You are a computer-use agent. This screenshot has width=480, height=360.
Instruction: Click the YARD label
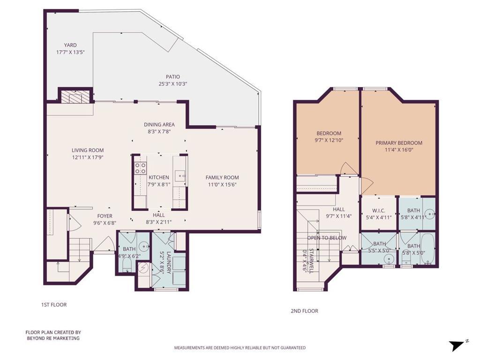click(70, 45)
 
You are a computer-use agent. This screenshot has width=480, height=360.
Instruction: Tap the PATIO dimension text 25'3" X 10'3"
click(173, 84)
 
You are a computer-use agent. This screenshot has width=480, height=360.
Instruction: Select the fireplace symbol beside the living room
click(75, 97)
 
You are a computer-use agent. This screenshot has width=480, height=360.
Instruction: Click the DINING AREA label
click(159, 125)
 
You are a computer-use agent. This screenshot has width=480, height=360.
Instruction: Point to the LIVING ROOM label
click(88, 150)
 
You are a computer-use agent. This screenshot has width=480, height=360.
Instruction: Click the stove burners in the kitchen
click(141, 168)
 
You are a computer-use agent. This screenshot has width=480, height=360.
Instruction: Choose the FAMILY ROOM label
click(222, 178)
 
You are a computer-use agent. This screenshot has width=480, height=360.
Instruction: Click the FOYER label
click(105, 216)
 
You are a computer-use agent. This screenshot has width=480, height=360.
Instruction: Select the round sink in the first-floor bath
click(143, 246)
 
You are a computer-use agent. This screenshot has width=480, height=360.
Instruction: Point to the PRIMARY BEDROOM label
click(399, 143)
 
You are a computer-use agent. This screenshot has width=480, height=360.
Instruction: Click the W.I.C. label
click(379, 210)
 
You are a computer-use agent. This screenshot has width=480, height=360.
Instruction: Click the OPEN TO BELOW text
click(327, 238)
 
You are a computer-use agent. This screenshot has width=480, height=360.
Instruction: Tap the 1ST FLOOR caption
click(54, 305)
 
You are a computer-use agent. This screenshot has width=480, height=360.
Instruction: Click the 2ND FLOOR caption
click(304, 311)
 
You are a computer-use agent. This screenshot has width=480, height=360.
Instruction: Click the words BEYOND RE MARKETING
click(53, 338)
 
